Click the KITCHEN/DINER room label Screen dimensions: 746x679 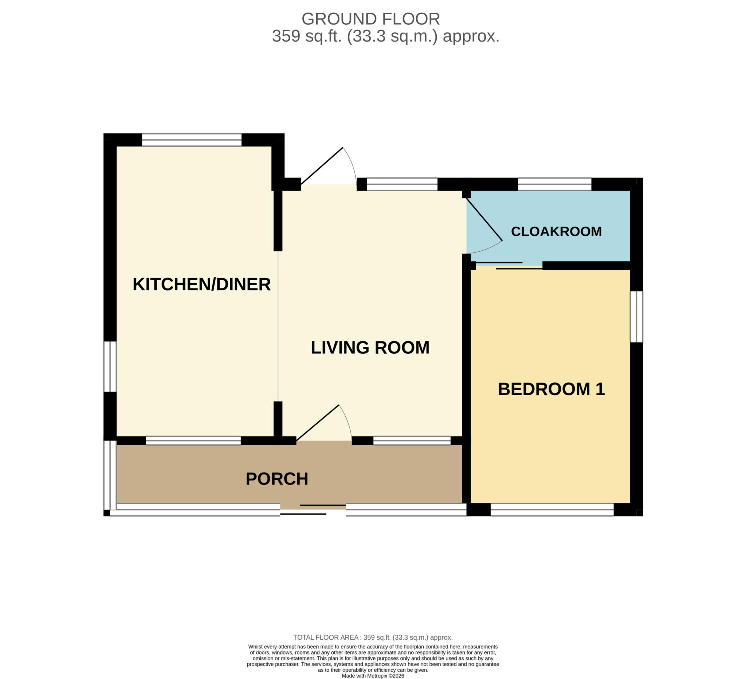202,284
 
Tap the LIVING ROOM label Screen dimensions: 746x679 370,348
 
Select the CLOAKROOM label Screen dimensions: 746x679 556,231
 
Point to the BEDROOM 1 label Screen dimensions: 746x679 551,389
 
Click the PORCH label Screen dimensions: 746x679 277,479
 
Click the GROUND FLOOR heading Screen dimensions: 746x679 371,19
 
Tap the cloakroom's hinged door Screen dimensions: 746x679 483,220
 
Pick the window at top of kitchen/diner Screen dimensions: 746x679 192,140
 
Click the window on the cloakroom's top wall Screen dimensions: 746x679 554,184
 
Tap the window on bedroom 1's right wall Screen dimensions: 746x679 636,317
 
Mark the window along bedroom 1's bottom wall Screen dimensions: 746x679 552,510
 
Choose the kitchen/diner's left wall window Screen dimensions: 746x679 110,366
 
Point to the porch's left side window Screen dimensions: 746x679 110,475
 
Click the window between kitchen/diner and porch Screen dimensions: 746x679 193,441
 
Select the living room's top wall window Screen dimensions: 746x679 402,184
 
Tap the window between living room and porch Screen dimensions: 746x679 412,441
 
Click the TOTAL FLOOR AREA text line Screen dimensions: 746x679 373,637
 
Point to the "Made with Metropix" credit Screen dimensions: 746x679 373,676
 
